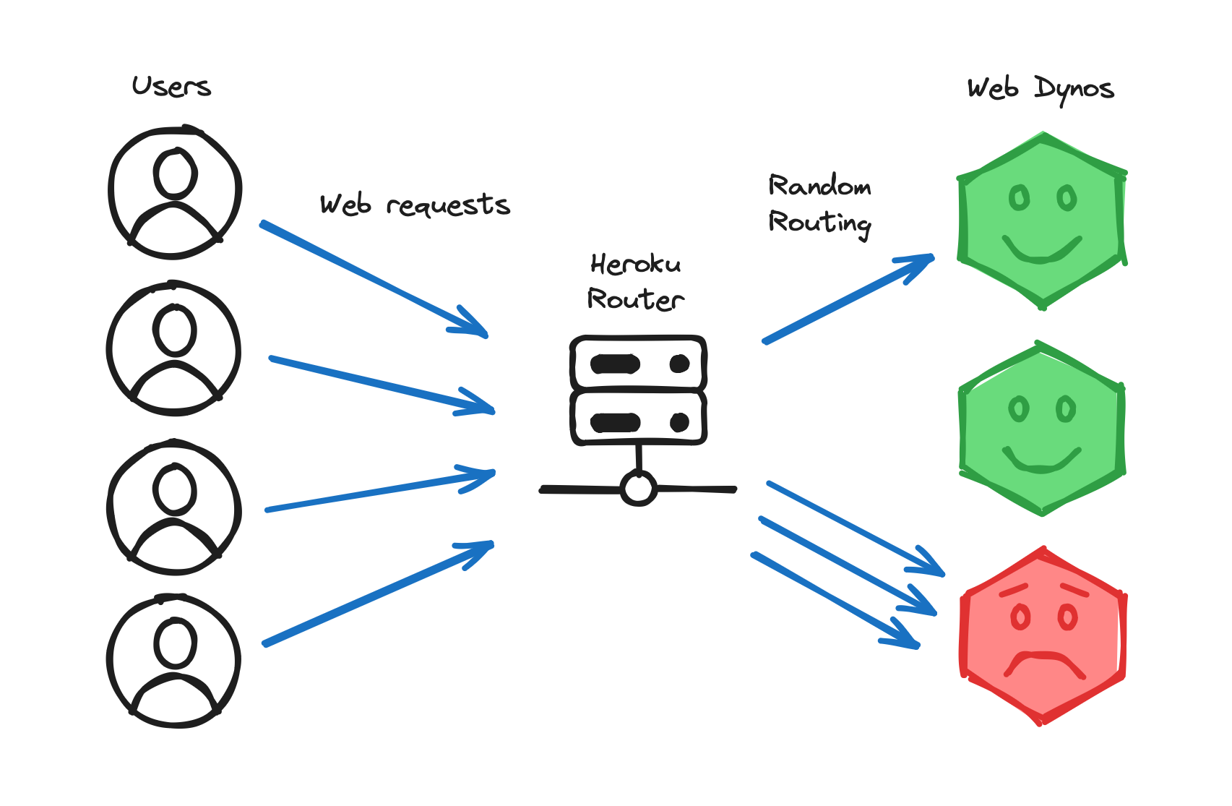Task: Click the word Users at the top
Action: click(171, 87)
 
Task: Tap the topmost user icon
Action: click(174, 192)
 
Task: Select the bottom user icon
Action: click(174, 661)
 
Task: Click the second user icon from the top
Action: click(174, 349)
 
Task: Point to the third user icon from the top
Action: click(174, 507)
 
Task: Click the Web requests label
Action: click(415, 205)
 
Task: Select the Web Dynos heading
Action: click(1040, 89)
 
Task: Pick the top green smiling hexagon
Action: click(1041, 220)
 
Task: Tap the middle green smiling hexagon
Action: click(1041, 429)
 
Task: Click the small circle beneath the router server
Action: click(638, 489)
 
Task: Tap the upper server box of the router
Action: click(638, 364)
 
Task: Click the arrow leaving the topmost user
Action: click(372, 279)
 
